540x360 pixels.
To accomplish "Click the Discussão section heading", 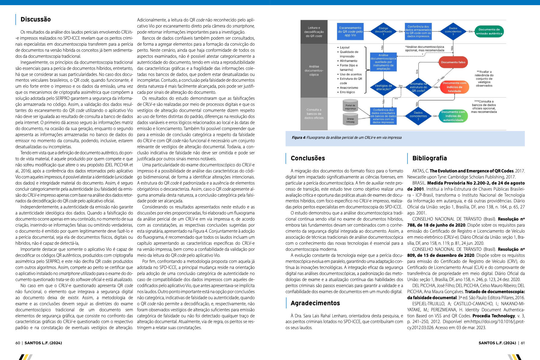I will [35, 19].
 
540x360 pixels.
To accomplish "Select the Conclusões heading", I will [308, 158].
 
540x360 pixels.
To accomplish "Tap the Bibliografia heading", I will [429, 158].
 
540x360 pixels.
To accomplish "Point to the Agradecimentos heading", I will [315, 303].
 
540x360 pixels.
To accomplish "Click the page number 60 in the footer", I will [18, 343].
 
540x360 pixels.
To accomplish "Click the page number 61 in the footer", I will [523, 343].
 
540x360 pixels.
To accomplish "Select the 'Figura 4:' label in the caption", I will [299, 138].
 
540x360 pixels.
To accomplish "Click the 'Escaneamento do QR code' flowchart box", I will [350, 31].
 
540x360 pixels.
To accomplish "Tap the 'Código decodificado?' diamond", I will [383, 31].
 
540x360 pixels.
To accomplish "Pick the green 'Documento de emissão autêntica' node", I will [489, 31].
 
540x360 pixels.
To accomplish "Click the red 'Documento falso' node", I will [453, 62].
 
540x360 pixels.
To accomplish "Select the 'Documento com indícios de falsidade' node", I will [454, 87].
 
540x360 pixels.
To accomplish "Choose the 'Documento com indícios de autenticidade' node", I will [453, 116].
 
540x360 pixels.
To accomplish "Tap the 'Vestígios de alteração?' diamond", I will [383, 87].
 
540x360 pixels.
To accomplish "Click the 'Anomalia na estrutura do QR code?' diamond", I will [418, 87].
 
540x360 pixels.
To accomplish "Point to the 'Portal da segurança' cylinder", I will [350, 107].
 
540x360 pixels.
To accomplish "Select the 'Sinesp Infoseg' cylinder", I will [350, 120].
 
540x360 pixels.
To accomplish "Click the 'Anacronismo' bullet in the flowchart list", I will [349, 88].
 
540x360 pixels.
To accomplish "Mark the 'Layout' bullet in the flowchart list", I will [345, 47].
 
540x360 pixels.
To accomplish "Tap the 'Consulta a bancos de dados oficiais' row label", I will [314, 114].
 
